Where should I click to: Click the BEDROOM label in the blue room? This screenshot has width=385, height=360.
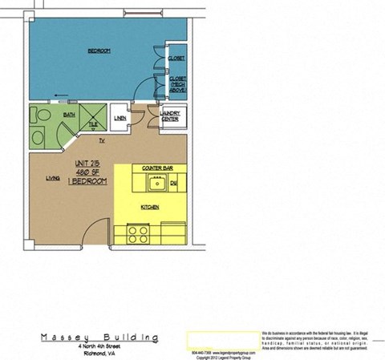click(x=99, y=51)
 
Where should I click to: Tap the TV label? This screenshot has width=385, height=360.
click(x=103, y=142)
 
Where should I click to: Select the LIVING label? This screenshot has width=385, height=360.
click(x=53, y=178)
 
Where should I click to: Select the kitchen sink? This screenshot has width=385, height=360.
click(x=152, y=185)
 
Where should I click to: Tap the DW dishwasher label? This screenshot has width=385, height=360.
click(x=173, y=184)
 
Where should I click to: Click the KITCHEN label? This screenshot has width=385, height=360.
click(x=150, y=207)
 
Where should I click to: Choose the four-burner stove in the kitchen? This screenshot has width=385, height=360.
click(x=138, y=234)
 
